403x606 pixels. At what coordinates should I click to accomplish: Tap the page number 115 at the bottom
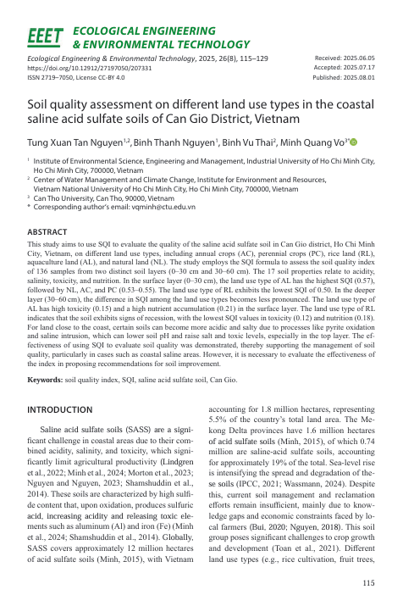(x=367, y=583)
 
